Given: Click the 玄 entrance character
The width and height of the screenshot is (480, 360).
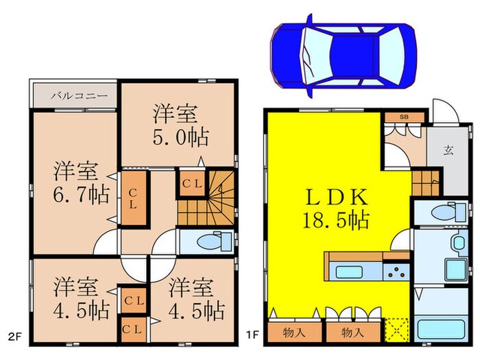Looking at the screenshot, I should [x=448, y=152].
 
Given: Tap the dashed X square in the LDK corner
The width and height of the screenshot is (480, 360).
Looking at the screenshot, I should [x=396, y=330].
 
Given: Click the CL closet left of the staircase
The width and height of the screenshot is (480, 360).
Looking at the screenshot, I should [x=189, y=183].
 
